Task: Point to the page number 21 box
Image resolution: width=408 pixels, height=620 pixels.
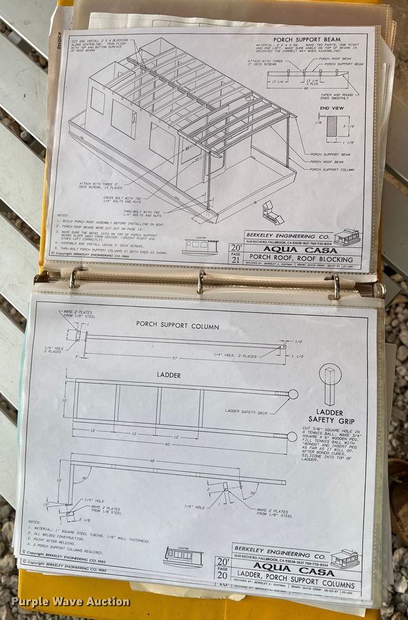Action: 235,255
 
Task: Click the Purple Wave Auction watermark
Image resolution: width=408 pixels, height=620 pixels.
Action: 70,601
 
